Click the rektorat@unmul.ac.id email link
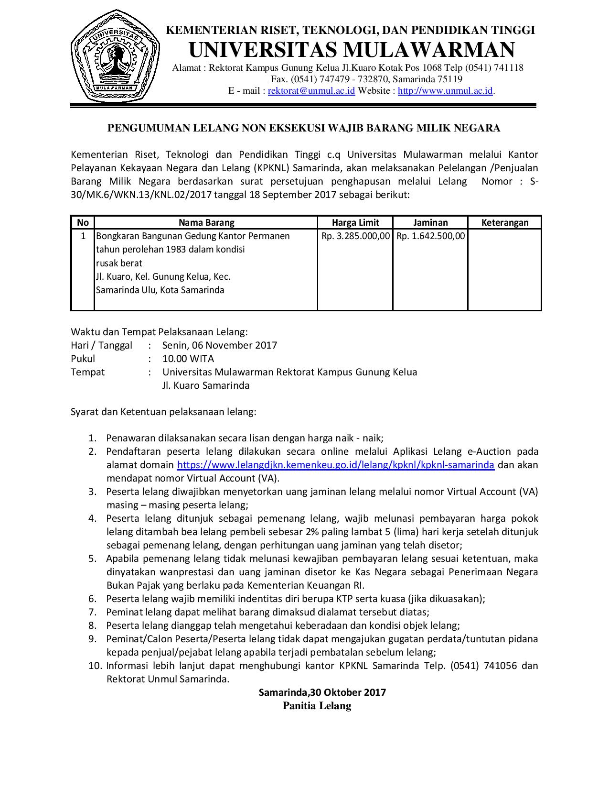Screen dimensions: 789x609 click(x=311, y=91)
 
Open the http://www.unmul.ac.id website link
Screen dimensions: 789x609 click(x=445, y=91)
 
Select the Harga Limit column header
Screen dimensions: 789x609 click(x=355, y=222)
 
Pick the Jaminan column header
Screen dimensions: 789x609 click(x=430, y=222)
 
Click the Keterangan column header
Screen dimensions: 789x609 click(x=505, y=222)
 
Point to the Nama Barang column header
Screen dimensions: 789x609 click(x=206, y=222)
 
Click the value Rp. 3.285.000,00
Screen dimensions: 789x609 click(x=356, y=236)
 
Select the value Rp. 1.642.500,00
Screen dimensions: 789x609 click(x=430, y=236)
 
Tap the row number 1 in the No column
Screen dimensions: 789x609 click(x=83, y=236)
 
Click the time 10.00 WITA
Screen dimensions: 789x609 click(x=188, y=359)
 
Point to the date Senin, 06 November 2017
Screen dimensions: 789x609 click(x=220, y=345)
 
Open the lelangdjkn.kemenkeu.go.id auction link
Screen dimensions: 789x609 click(x=335, y=465)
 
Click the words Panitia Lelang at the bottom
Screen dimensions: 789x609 click(x=317, y=706)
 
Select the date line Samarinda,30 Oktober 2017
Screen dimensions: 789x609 click(x=322, y=692)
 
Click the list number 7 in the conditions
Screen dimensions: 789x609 click(x=93, y=612)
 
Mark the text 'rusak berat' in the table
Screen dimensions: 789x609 click(x=119, y=263)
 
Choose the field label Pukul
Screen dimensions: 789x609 click(x=83, y=359)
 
